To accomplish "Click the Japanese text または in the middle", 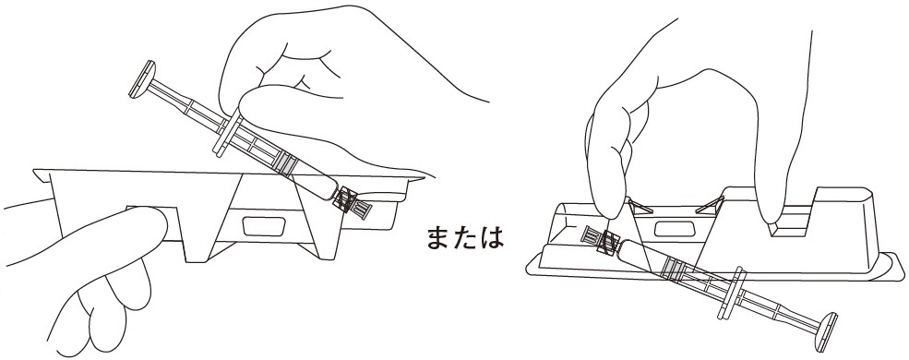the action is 465,236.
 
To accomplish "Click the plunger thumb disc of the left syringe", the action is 143,78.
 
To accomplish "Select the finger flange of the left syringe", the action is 228,135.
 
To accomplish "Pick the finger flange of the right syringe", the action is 731,293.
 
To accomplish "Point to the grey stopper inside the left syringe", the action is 285,164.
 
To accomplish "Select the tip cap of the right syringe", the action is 600,238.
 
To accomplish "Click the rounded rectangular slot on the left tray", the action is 264,226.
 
